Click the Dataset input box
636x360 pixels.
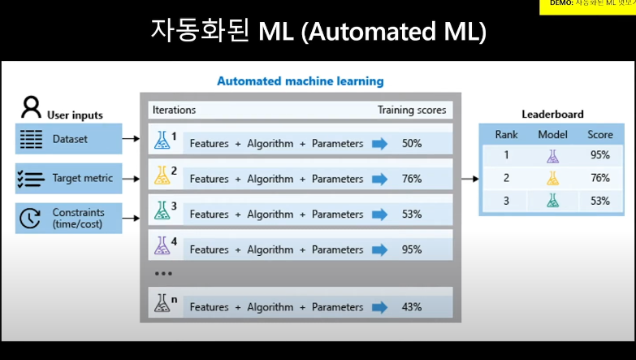coord(68,140)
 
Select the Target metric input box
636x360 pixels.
coord(68,177)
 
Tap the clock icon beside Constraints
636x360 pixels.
coord(29,217)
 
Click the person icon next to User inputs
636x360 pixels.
coord(31,106)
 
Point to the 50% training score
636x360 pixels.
coord(411,143)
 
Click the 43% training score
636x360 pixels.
coord(411,306)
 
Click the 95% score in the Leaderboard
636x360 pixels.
coord(600,154)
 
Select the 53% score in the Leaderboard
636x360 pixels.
coord(600,200)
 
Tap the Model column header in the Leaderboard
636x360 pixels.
coord(552,134)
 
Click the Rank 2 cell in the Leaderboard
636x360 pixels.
coord(506,177)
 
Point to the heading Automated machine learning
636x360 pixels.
coord(300,81)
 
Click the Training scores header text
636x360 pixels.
coord(411,110)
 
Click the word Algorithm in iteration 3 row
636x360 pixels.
coord(270,215)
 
